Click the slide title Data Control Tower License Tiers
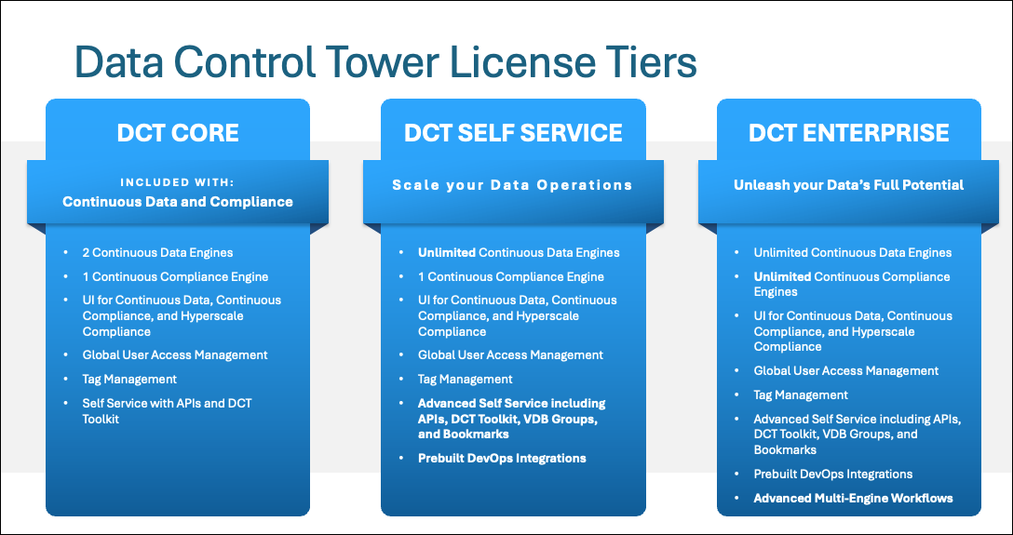tap(385, 63)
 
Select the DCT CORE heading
tap(178, 133)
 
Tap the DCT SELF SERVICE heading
tap(513, 133)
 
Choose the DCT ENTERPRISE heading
tap(848, 133)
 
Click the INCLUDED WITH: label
tap(177, 181)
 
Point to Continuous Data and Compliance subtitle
tap(177, 202)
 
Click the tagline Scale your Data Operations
tap(512, 185)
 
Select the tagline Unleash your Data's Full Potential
tap(848, 185)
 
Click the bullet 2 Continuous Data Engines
tap(157, 252)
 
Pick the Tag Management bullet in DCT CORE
tap(129, 379)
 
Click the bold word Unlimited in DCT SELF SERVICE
tap(446, 252)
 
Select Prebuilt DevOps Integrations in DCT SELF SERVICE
tap(502, 458)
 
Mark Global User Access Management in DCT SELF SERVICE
tap(510, 354)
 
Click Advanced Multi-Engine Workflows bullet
tap(853, 498)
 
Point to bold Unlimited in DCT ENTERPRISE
tap(782, 276)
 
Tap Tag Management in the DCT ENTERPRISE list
tap(801, 395)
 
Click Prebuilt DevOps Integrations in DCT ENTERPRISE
tap(832, 474)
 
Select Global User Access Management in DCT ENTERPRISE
tap(846, 370)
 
